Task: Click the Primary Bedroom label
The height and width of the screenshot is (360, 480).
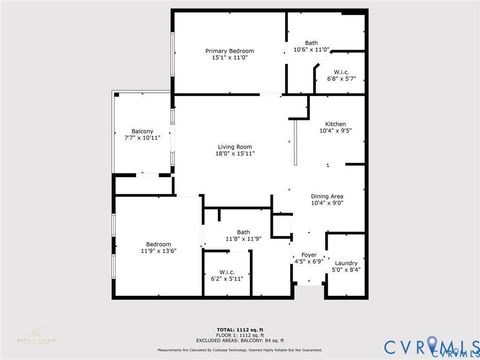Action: coord(229,51)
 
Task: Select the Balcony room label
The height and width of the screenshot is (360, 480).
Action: coord(143,131)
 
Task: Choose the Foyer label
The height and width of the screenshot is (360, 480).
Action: coord(309,255)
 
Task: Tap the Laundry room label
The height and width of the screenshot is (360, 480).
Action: coord(346,262)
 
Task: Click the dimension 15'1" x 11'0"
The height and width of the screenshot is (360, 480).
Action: coord(229,58)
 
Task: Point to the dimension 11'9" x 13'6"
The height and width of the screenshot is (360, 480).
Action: coord(158,251)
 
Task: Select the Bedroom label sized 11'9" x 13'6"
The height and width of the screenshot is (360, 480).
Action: coord(158,244)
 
